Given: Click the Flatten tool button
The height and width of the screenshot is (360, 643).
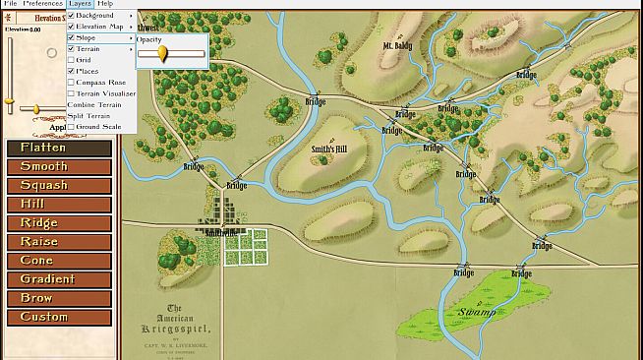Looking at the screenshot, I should (x=59, y=148).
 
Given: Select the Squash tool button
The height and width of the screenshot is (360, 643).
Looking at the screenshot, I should (x=59, y=185).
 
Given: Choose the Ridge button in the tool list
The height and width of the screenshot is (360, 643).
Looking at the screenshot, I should (x=59, y=223).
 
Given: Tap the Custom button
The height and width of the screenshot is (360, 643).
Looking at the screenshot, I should (x=59, y=317).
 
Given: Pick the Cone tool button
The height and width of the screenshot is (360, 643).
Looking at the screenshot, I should (x=59, y=261).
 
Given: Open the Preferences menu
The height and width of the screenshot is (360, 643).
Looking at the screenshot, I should (x=42, y=4).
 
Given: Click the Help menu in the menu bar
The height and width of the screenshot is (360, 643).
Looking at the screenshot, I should (x=105, y=4).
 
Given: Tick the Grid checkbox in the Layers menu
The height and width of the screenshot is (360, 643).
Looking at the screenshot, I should (x=71, y=60).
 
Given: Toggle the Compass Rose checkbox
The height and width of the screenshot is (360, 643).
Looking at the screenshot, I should (x=71, y=82).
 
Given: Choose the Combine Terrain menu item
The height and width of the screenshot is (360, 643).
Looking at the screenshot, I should (x=94, y=104).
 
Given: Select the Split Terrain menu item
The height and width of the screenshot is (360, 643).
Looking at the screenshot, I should (x=89, y=115).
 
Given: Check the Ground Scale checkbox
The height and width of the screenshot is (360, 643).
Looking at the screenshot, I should (x=71, y=127).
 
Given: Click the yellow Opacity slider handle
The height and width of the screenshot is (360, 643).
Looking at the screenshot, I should (x=162, y=53).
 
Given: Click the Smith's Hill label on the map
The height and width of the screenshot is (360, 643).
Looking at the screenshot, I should (x=329, y=150).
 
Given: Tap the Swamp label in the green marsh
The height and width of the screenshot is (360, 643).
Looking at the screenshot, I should (x=477, y=314).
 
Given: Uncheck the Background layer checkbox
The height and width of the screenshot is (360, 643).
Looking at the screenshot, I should (x=71, y=16).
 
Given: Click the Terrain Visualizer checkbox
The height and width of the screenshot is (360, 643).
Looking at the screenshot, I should (x=71, y=93).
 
